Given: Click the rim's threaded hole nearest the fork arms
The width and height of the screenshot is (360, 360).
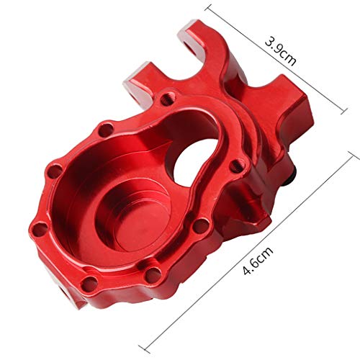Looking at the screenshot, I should click(x=168, y=95).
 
